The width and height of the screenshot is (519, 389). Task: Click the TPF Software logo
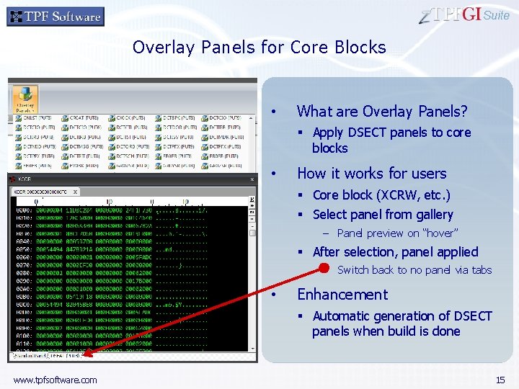coord(56,16)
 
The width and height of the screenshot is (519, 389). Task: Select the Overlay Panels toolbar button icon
coord(25,99)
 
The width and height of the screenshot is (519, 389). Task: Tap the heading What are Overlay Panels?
coord(382,111)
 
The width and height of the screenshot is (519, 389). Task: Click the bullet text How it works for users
coord(371,174)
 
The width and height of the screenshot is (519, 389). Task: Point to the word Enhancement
coord(342,295)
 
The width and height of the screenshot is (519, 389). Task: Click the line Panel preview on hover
coord(397,233)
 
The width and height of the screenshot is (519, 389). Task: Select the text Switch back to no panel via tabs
coord(414,270)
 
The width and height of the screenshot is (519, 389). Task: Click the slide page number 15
coord(500,380)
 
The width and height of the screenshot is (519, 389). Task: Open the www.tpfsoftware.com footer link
coord(55,380)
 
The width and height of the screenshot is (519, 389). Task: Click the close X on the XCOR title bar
coord(252,179)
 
